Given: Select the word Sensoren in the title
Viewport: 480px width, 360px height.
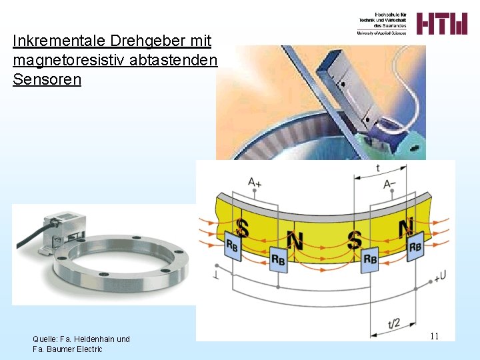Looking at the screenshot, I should (x=47, y=80).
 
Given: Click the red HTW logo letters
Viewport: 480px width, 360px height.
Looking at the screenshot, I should (x=442, y=24).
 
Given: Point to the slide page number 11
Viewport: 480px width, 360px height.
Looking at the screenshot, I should (x=434, y=336).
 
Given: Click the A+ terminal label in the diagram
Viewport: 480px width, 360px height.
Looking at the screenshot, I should (x=255, y=181).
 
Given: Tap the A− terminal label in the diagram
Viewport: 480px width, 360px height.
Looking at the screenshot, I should (x=391, y=183).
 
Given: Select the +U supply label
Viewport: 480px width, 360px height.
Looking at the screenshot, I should (x=439, y=275).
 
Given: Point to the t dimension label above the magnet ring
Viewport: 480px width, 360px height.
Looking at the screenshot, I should (x=378, y=169).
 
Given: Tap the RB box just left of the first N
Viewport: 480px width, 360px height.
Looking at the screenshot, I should (x=279, y=258).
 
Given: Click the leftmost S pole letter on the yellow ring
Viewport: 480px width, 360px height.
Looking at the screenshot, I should (x=243, y=229).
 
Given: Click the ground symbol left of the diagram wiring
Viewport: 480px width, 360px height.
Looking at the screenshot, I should (x=216, y=275).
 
